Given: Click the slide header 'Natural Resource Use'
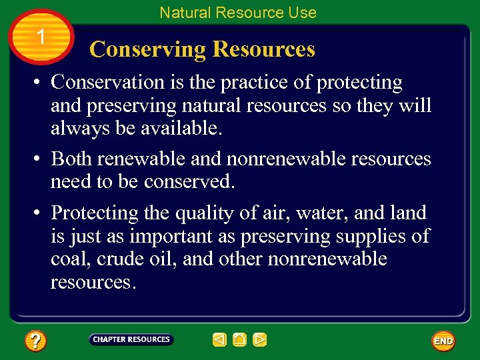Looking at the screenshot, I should click(238, 12).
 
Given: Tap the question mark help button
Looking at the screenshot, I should click(35, 341).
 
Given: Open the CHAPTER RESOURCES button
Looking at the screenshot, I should click(131, 340).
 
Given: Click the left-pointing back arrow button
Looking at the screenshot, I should click(220, 340).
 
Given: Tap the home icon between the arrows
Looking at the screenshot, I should click(240, 340).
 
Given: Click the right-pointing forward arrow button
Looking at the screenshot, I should click(260, 340).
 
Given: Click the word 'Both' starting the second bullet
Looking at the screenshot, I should click(71, 159).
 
